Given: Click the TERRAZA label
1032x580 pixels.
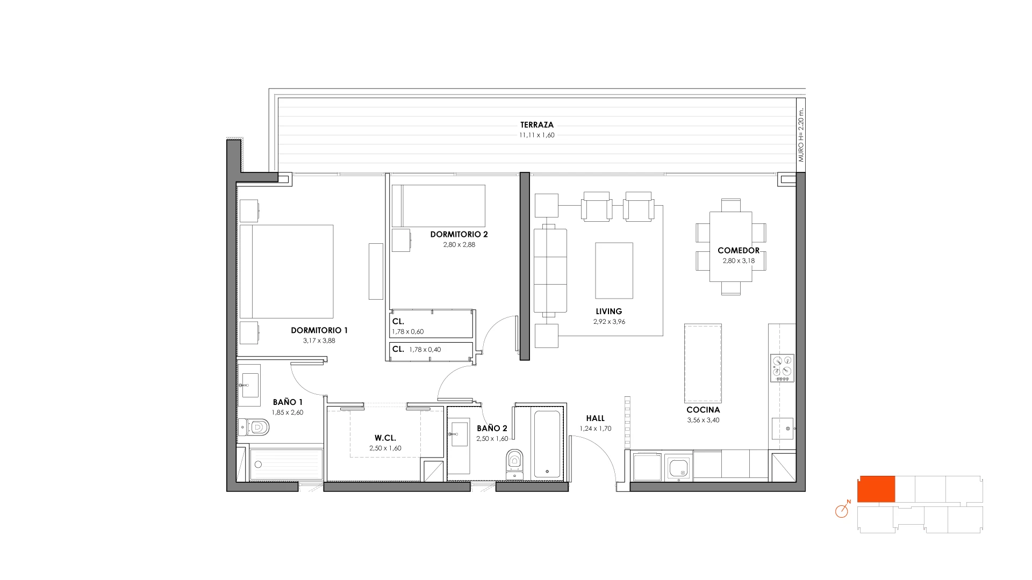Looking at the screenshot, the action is (x=536, y=125).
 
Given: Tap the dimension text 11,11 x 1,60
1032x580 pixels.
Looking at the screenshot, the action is (x=536, y=135).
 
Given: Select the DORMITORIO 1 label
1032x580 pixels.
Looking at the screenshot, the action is (x=319, y=330).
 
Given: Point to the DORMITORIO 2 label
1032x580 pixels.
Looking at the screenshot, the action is (x=459, y=234).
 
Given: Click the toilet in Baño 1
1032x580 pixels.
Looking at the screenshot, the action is (x=253, y=427).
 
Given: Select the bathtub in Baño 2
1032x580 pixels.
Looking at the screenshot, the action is (x=548, y=443).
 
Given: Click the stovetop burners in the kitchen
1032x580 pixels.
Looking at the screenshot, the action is (x=782, y=368).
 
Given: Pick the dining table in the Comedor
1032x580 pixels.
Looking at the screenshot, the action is (x=730, y=247).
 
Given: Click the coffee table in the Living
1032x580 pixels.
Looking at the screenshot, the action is (x=614, y=270).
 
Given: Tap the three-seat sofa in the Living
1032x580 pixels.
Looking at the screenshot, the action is (x=550, y=271).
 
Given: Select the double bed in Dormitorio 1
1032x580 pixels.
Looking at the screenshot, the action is (x=286, y=271).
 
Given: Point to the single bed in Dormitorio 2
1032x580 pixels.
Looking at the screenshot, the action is (x=439, y=206).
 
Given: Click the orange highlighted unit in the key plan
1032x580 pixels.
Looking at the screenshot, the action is (x=876, y=489).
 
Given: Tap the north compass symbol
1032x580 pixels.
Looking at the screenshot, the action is (x=842, y=510).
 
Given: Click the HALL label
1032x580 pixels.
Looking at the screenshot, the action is (x=595, y=418).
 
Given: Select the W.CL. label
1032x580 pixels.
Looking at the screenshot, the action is (x=385, y=438).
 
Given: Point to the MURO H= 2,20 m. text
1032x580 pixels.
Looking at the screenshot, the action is (x=800, y=135).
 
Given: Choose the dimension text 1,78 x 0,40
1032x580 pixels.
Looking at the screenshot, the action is (x=425, y=350).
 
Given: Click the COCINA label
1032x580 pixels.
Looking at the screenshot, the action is (x=703, y=410).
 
